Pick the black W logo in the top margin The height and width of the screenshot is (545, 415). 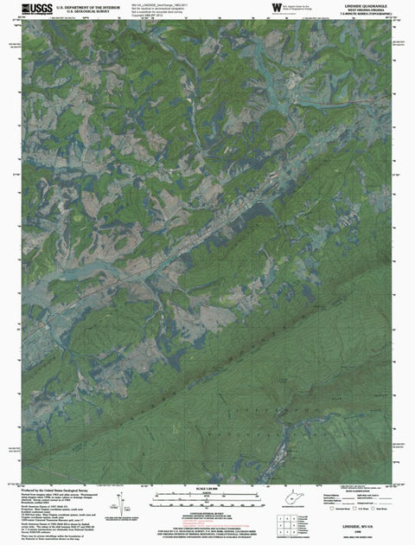pyautogui.click(x=276, y=9)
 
